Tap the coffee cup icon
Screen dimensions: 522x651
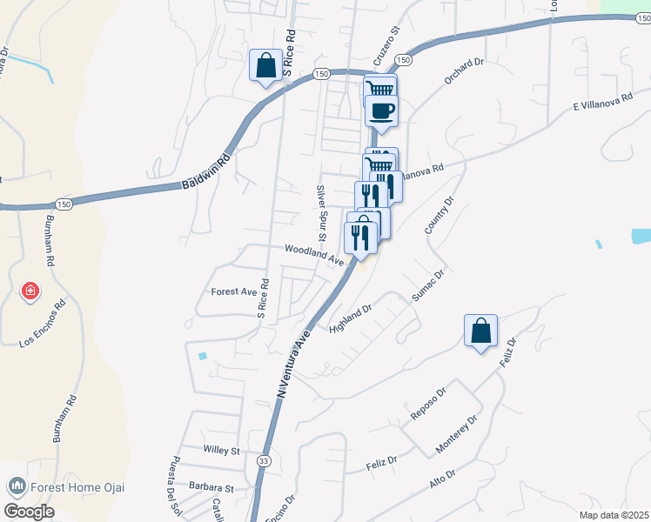tap(381, 110)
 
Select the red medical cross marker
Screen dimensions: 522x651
tap(30, 291)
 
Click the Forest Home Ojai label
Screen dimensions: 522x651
tap(66, 486)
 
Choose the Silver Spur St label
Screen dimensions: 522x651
tap(321, 212)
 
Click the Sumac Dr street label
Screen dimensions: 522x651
tap(427, 286)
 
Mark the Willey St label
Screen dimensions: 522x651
tap(221, 451)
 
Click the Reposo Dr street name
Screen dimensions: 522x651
tap(428, 408)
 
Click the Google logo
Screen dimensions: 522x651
tap(29, 512)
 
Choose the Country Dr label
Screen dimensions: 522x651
tap(440, 215)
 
